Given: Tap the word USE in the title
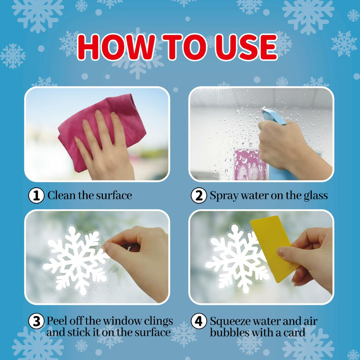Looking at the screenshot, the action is click(246, 47).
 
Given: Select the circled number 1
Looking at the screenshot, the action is click(36, 195).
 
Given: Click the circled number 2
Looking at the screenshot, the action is click(199, 195).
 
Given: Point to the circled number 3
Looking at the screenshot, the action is click(36, 321).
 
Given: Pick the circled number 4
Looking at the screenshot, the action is click(199, 321).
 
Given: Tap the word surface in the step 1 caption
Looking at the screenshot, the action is click(114, 195).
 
